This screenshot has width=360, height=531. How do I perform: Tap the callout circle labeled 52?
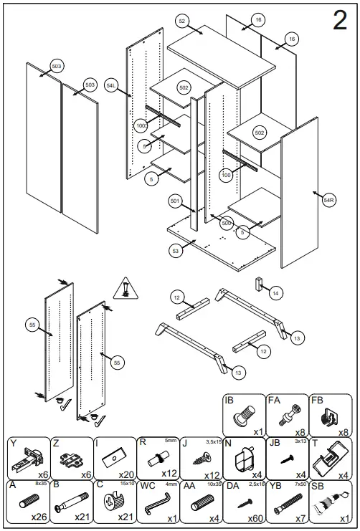[x=182, y=22]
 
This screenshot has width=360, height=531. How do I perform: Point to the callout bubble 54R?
[x=329, y=201]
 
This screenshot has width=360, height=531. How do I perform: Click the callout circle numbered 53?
[x=176, y=251]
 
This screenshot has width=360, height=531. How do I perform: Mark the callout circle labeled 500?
[x=226, y=223]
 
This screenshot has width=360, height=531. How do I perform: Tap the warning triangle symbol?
[x=125, y=288]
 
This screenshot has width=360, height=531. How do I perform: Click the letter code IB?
[x=229, y=401]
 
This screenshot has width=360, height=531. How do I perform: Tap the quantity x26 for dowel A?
[x=38, y=517]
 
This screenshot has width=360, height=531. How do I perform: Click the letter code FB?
[x=318, y=401]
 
